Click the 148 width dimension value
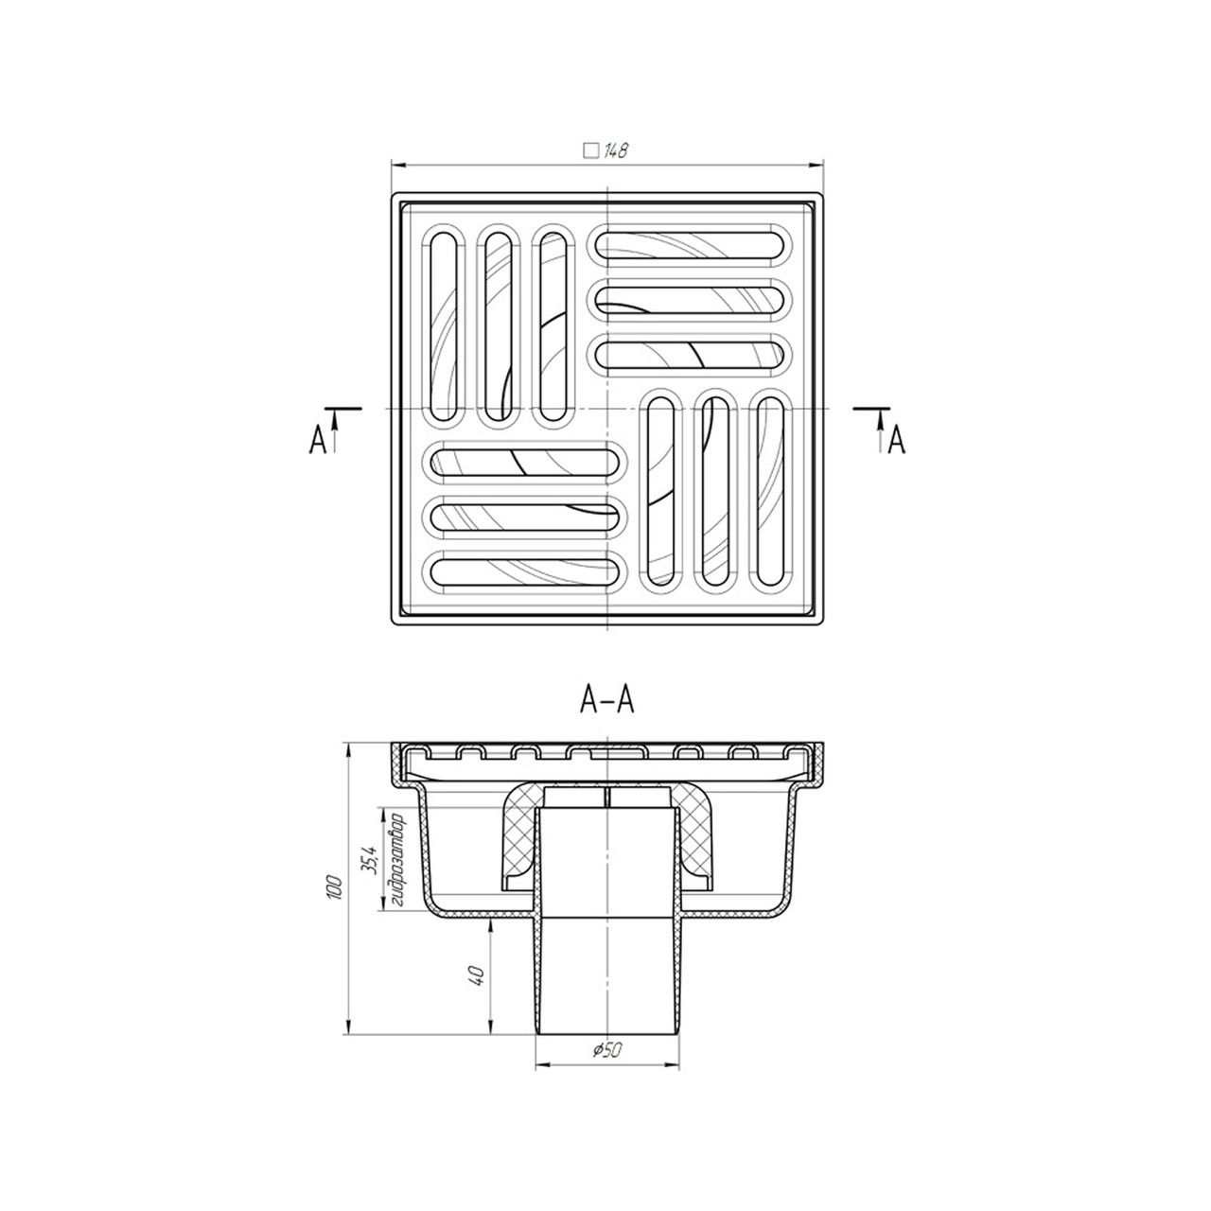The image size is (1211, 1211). (x=615, y=151)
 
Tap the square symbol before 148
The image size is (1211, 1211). (x=589, y=151)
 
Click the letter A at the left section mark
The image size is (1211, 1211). (x=318, y=440)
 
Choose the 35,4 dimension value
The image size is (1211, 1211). (x=370, y=860)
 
